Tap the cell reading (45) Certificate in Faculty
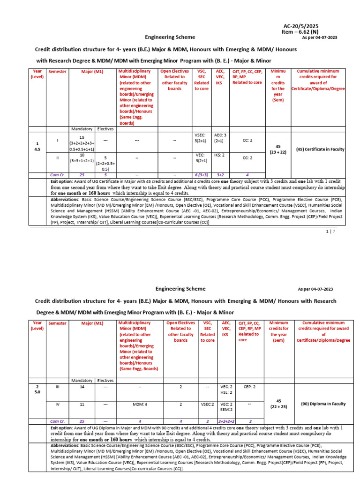320,149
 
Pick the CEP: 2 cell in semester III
249,387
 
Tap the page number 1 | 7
330,231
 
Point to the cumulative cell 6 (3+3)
201,175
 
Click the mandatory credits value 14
82,387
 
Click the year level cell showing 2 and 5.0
37,390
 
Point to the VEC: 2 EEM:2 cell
226,406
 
